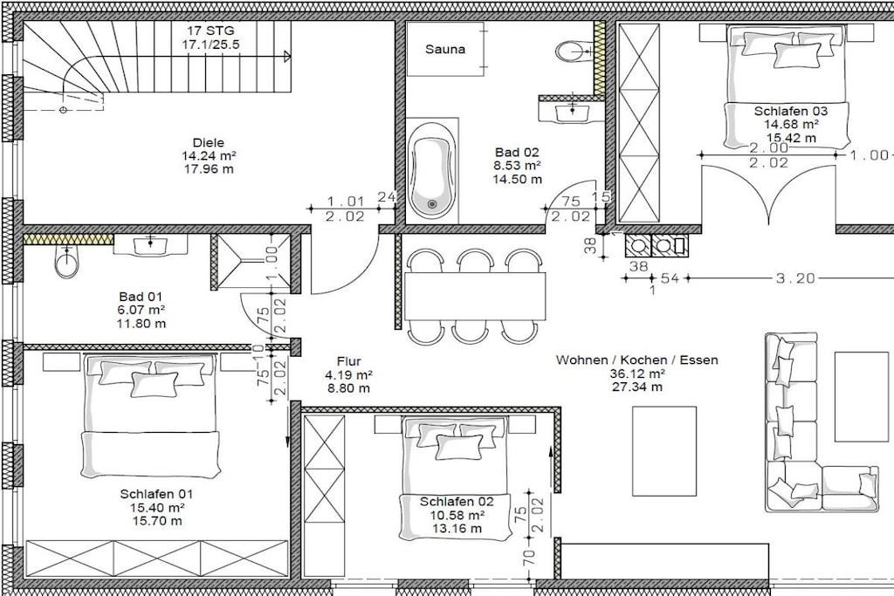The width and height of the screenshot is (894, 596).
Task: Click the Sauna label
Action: coord(444,49)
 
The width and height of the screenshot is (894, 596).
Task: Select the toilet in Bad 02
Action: coord(573,51)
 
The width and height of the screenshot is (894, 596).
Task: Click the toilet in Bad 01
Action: coord(67,262)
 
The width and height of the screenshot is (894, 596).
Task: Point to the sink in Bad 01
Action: coord(150,245)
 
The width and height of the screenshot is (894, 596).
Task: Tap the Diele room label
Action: coord(208,143)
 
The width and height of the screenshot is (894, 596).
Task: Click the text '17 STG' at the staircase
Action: coord(211,31)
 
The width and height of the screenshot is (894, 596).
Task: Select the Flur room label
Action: coord(348,361)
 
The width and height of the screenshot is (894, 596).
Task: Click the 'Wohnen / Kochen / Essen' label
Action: coord(636,360)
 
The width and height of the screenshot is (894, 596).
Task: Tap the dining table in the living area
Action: coord(475,297)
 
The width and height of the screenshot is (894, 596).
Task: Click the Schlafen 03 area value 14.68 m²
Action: coord(792,124)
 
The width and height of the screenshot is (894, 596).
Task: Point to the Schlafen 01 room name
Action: coord(157,494)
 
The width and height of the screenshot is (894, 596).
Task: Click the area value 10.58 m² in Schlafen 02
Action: coord(457,515)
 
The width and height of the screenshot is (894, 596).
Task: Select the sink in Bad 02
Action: coord(572,112)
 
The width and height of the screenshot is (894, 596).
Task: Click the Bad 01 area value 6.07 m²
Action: coord(141,310)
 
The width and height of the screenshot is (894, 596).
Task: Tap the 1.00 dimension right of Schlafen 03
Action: coord(870,155)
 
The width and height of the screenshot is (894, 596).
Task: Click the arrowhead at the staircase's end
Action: coord(287,55)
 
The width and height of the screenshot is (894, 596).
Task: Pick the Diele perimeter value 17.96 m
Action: coord(208,168)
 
